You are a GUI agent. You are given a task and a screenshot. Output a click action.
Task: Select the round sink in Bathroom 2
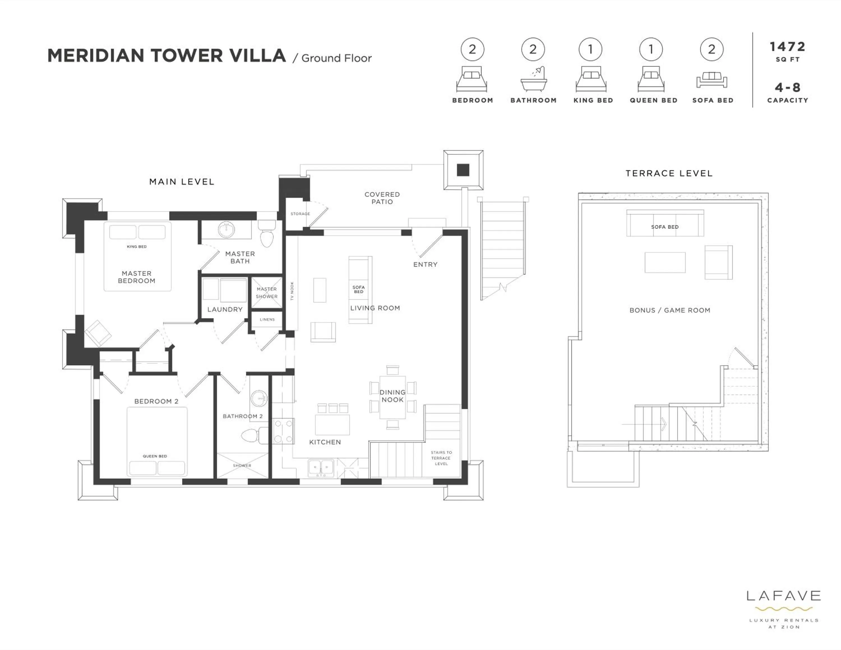click(259, 398)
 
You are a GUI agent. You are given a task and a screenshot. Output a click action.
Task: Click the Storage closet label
click(300, 213)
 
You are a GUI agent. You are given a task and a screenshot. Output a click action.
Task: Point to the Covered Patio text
click(382, 198)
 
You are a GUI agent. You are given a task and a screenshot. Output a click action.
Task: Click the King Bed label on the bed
click(137, 246)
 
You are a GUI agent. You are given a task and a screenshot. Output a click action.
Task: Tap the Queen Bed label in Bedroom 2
click(155, 456)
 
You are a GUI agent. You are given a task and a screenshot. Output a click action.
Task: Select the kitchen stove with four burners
click(283, 431)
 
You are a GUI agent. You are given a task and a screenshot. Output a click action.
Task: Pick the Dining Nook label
click(392, 396)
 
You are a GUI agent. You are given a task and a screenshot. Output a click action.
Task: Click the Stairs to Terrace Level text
click(441, 458)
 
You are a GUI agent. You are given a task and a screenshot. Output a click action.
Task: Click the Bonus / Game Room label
click(670, 310)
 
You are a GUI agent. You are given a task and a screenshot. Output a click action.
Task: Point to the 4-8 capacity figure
click(787, 88)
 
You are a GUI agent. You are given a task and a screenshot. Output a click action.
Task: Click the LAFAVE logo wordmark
click(783, 596)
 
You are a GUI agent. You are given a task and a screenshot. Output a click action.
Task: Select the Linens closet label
click(267, 319)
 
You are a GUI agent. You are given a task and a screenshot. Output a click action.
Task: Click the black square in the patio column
click(463, 170)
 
